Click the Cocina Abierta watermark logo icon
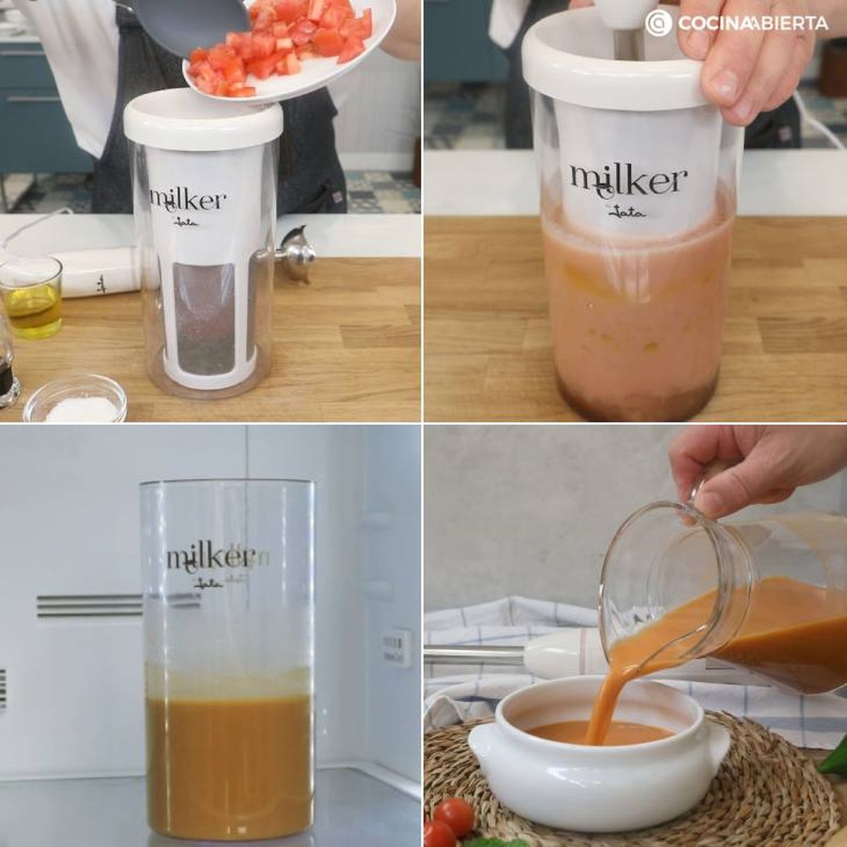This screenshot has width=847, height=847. pos(658,23)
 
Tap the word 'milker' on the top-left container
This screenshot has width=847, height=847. pos(188,200)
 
